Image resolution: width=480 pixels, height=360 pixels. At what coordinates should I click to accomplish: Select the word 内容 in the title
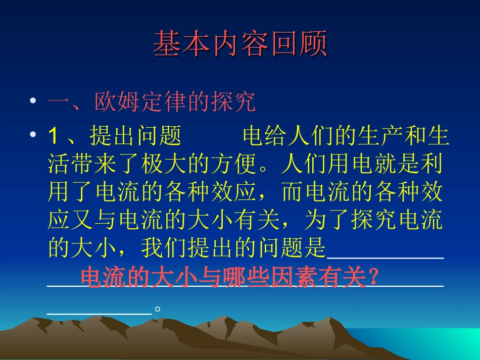click(x=241, y=44)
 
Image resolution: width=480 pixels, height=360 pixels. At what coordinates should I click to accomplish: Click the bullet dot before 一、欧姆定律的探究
click(x=33, y=101)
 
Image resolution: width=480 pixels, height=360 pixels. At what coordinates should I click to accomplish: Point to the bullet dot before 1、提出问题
click(x=33, y=135)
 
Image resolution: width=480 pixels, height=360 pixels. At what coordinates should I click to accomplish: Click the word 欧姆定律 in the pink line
click(x=140, y=102)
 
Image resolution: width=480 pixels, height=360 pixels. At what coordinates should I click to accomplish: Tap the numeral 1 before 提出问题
click(x=54, y=136)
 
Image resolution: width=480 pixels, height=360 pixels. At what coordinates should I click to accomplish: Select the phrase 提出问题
click(x=136, y=136)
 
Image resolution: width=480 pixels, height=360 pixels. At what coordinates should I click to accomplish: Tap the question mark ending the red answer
click(x=373, y=277)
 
